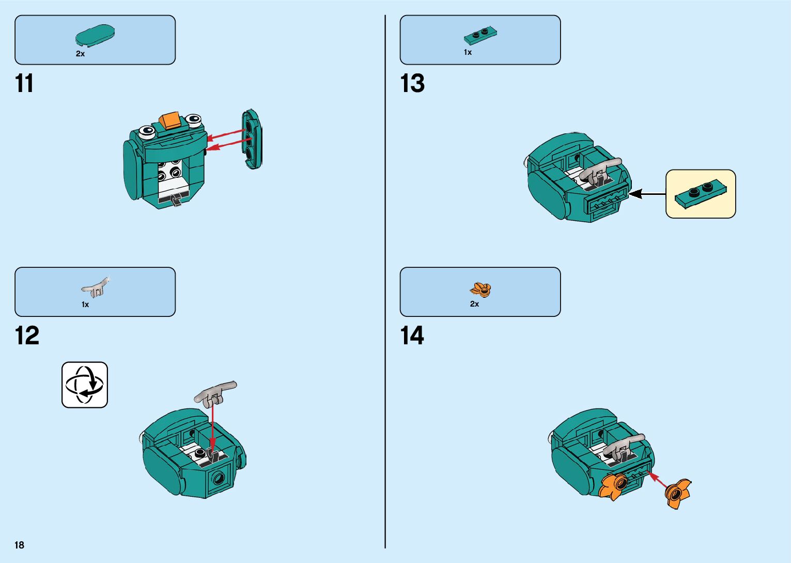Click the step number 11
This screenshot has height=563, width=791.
coord(24,83)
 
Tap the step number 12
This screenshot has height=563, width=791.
coord(27,336)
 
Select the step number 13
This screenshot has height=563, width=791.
coord(412,83)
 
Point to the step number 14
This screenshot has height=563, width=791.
coord(412,336)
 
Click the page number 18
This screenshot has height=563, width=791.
coord(20,545)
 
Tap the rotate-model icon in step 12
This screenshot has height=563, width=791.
coord(85,385)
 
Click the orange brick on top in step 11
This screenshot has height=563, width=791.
coord(170,120)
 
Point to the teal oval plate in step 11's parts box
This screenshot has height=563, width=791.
coord(95,35)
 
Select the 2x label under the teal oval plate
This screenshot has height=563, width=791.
coord(80,54)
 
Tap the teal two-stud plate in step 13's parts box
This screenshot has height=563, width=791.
coord(480,36)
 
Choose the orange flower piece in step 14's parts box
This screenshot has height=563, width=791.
coord(481,290)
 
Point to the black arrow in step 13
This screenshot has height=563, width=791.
coord(646,194)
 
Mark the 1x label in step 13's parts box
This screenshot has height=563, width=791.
coord(468,52)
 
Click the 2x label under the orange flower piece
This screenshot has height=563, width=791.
coord(474,304)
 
